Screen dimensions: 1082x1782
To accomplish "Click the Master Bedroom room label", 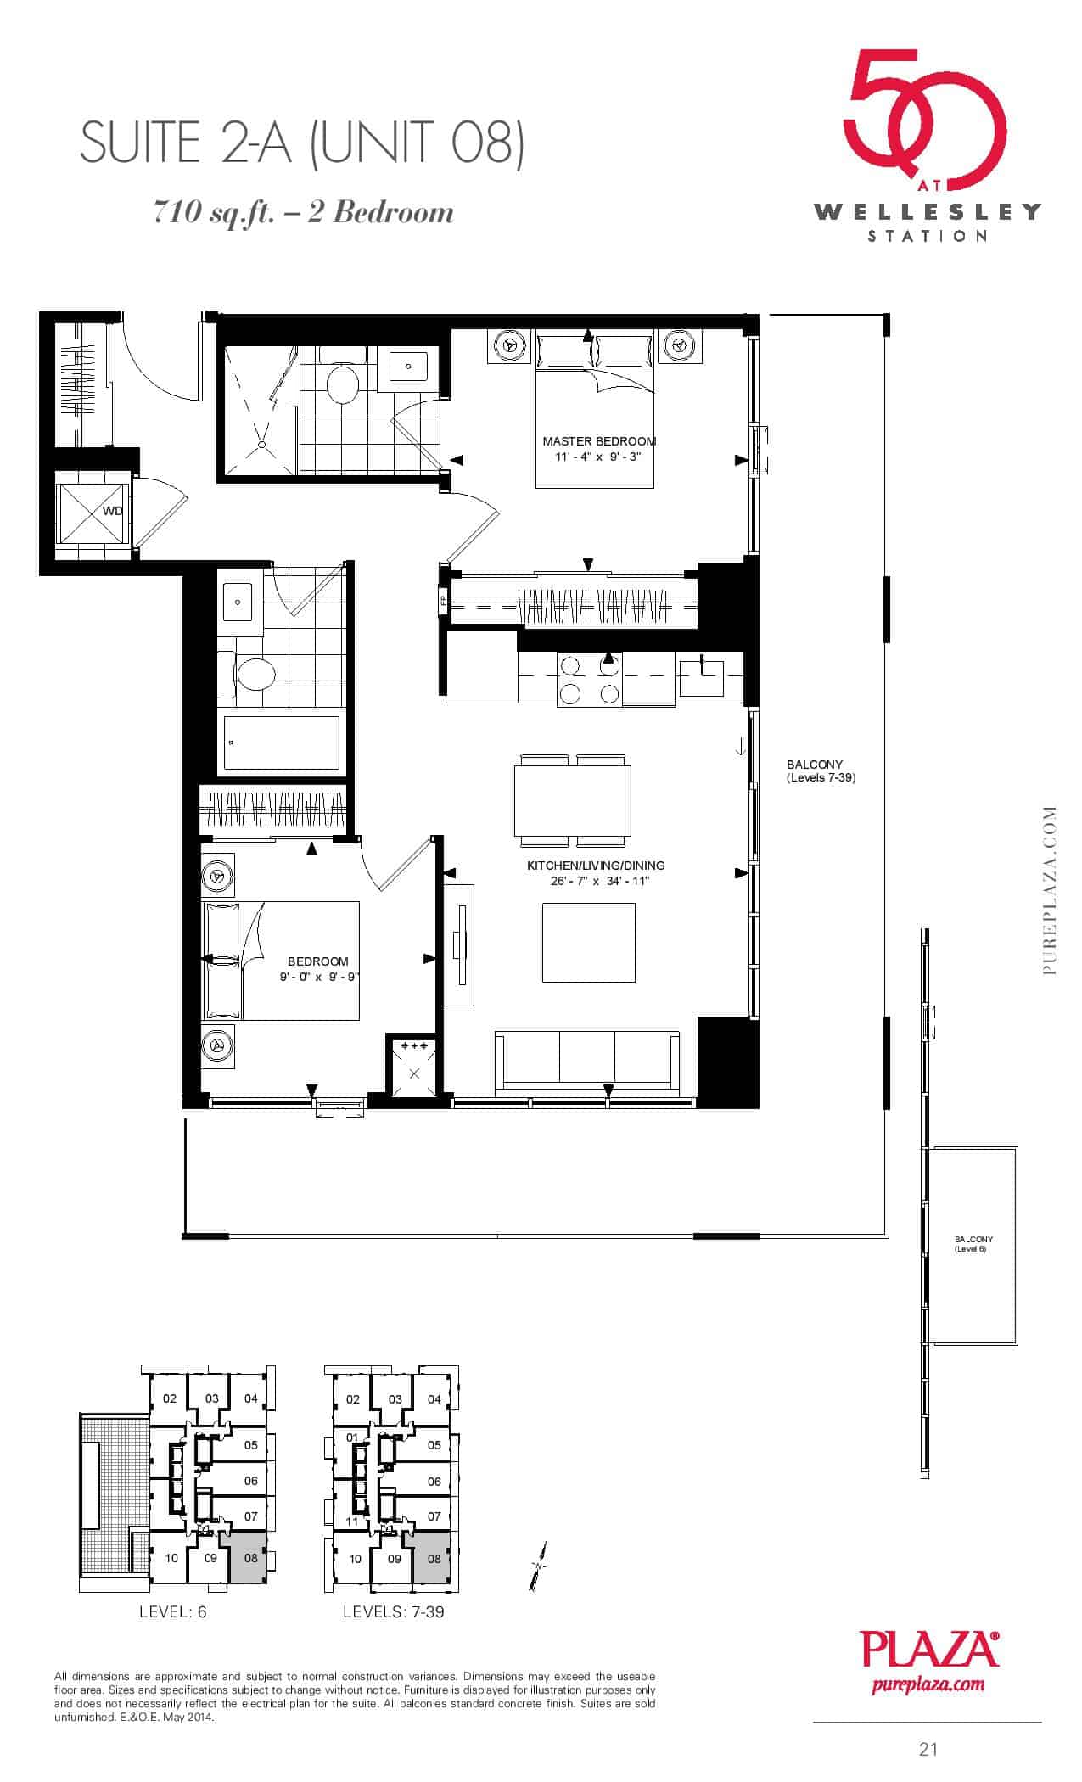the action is (599, 441).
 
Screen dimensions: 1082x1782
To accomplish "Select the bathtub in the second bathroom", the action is (282, 743).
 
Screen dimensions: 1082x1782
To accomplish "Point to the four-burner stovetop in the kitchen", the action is (589, 680).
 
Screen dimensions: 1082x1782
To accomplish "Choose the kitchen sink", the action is (702, 676).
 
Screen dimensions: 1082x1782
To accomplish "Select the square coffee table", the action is (589, 943).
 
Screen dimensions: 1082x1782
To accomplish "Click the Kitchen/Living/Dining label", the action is (596, 866).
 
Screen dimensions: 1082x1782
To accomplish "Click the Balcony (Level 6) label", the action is (973, 1244).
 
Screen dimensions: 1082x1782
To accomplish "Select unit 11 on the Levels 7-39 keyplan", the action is (351, 1521).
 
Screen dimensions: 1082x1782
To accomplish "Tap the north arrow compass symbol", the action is (539, 1564).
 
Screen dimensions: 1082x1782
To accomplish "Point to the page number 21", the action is (928, 1749).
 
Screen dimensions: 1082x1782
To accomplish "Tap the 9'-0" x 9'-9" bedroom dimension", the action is (319, 977).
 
